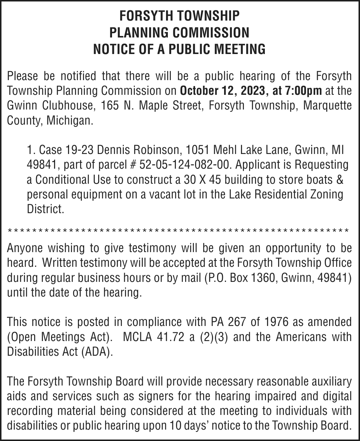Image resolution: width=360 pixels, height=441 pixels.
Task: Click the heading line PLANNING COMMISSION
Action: point(179,32)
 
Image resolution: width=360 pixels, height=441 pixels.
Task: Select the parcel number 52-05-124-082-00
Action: point(186,165)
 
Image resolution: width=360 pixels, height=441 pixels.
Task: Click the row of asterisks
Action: point(178,231)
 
